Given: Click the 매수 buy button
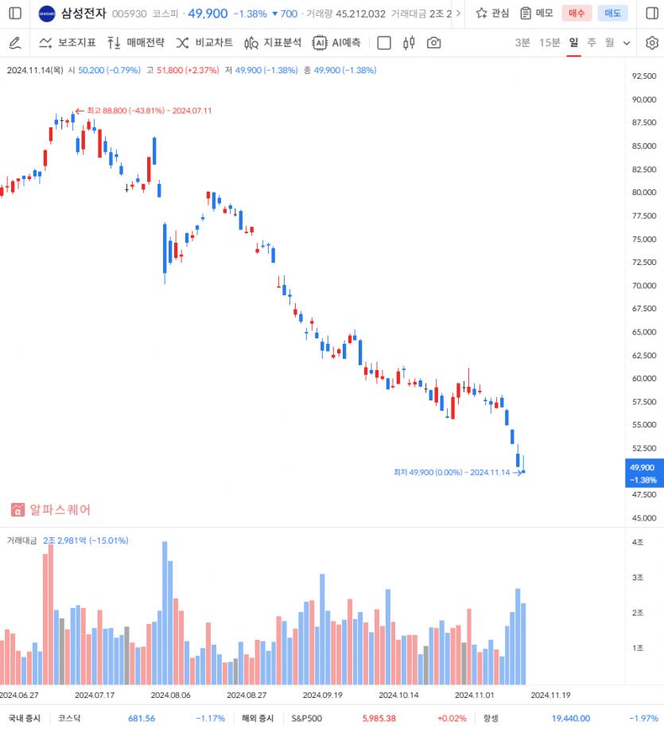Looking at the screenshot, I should (x=577, y=14).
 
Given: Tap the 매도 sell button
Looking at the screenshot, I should (x=612, y=14).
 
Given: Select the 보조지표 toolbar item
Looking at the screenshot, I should (x=68, y=43).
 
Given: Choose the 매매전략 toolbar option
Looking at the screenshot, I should (x=135, y=43).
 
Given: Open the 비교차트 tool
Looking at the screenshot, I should (x=204, y=43).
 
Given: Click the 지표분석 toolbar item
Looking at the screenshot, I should (x=273, y=43).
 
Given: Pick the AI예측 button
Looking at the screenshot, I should (x=336, y=43).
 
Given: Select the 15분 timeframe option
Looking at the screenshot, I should (x=549, y=43).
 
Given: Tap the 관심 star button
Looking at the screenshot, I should (x=492, y=14).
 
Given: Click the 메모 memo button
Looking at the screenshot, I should (x=537, y=14).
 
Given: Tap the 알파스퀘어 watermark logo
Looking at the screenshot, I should (x=51, y=509).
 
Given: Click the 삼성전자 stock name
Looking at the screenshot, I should (x=83, y=14).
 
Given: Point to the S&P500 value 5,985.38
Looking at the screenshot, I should (x=380, y=718).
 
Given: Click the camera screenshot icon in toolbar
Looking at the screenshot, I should (x=433, y=43).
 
